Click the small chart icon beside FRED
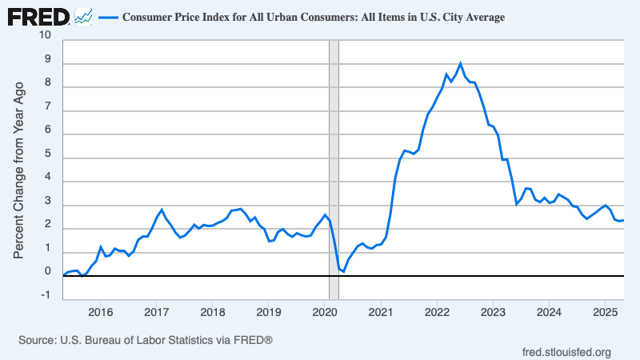coord(82,15)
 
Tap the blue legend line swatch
coord(108,16)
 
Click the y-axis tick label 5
coord(47,153)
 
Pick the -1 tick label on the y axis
coord(46,295)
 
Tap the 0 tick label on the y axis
coord(47,272)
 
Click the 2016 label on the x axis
coord(100,311)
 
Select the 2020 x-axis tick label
coord(324,311)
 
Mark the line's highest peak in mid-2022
coord(460,63)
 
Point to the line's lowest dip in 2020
coord(343,272)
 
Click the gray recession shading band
coord(334,160)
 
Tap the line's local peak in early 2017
coord(162,210)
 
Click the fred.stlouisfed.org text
coord(566,352)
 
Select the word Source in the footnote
coord(36,340)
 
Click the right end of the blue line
coord(623,220)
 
